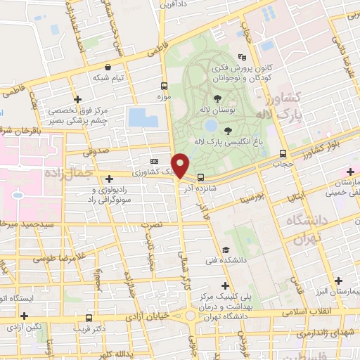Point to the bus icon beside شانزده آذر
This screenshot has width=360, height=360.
[x=201, y=177]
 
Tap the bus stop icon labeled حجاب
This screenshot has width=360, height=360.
[x=283, y=153]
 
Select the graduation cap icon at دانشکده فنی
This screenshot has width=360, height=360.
[x=225, y=250]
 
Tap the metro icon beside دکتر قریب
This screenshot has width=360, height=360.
[x=89, y=318]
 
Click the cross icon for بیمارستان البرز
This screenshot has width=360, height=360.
[x=340, y=281]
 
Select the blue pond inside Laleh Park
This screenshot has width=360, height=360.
[x=210, y=126]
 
